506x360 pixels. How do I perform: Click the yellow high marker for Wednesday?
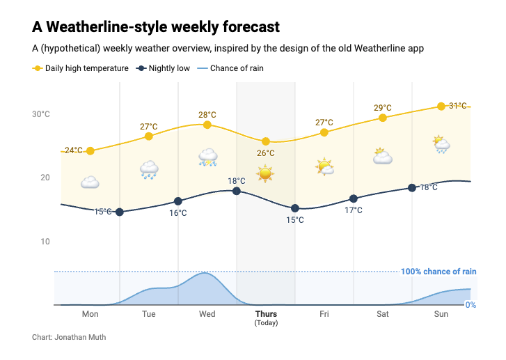(x=207, y=125)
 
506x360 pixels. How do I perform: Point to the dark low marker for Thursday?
(x=295, y=208)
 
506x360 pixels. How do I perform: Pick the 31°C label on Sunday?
(x=457, y=106)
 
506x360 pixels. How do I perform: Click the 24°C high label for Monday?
(x=73, y=150)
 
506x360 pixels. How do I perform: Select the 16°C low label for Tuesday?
(x=178, y=213)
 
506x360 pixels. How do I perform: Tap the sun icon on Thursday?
(x=265, y=173)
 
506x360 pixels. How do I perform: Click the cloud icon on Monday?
(x=90, y=182)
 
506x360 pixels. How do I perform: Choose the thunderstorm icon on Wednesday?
(x=207, y=157)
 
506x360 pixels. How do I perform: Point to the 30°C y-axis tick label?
(x=41, y=114)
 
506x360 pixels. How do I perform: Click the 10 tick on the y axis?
(x=45, y=242)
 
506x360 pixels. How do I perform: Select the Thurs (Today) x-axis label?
(x=266, y=318)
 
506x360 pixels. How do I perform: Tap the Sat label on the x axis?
(x=383, y=314)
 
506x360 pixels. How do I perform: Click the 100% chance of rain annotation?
(x=438, y=272)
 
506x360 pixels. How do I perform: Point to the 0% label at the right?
(x=471, y=305)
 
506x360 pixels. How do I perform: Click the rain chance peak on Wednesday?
(x=205, y=274)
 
